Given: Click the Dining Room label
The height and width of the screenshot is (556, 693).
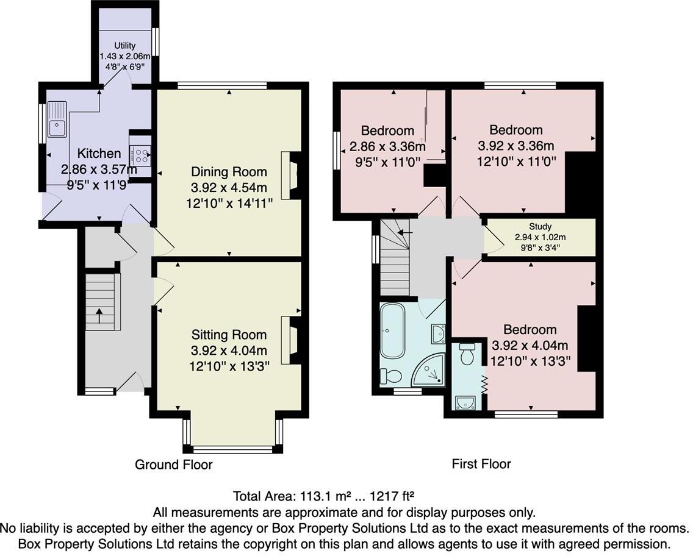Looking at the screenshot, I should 229,171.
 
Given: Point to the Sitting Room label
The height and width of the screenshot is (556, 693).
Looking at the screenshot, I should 229,335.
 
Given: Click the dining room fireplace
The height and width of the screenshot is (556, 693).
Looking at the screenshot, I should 290,175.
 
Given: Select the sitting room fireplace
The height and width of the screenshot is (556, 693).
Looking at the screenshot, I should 290,340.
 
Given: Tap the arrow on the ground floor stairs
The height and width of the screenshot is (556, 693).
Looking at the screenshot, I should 99,316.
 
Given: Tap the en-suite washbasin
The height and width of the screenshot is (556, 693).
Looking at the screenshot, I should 466,402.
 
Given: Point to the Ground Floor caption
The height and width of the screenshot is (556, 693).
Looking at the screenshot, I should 173,465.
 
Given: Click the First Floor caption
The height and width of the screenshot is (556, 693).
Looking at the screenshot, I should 481,464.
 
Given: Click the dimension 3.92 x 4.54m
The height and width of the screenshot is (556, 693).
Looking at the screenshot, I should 229,187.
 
